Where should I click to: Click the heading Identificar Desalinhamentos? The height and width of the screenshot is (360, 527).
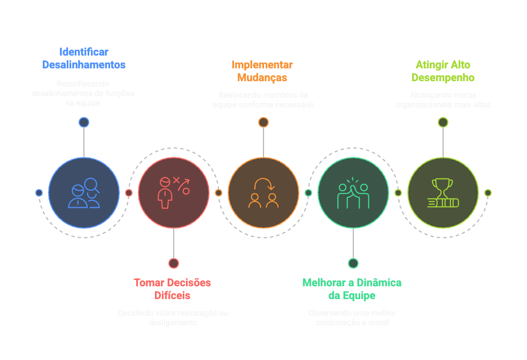[84, 58]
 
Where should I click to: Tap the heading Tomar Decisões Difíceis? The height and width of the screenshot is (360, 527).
[172, 289]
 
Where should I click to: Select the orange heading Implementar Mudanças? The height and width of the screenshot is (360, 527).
[262, 71]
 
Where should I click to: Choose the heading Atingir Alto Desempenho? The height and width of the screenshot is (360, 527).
[443, 71]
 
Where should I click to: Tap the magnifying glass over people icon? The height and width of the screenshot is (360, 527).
[84, 193]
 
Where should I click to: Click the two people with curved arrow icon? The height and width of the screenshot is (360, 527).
[263, 193]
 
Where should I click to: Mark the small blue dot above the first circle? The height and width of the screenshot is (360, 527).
[84, 122]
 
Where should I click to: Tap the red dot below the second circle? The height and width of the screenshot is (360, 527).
[174, 263]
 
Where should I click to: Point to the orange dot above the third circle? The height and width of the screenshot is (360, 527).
[263, 122]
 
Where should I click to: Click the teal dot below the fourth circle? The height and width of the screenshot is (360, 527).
[353, 263]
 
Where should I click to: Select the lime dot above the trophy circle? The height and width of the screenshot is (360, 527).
[443, 122]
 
